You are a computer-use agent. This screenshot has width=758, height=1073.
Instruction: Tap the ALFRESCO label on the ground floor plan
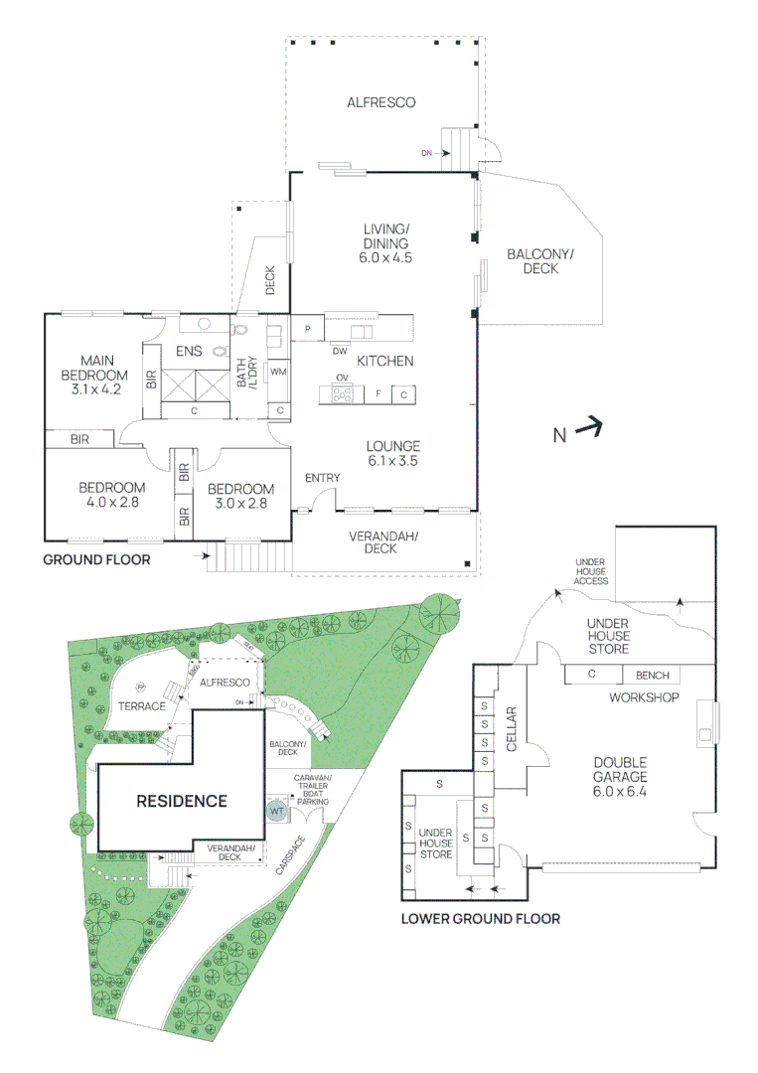(x=380, y=102)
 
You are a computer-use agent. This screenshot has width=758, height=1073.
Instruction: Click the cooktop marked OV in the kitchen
(x=342, y=394)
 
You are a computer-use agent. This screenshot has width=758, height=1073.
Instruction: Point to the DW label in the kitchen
(x=340, y=351)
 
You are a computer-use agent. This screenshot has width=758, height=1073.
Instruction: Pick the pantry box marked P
(x=308, y=329)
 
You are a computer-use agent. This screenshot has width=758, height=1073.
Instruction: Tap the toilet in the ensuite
(x=239, y=328)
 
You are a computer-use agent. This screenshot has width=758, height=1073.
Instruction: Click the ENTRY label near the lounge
(x=323, y=478)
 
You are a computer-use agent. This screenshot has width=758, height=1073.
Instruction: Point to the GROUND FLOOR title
(x=96, y=560)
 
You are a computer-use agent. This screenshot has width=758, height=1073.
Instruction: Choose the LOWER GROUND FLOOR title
(x=480, y=919)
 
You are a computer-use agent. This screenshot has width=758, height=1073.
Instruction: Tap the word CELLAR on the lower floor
(x=514, y=728)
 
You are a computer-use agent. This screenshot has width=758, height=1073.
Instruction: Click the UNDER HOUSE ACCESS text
(x=591, y=572)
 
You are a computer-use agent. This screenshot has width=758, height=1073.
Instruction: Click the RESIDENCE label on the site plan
(x=182, y=801)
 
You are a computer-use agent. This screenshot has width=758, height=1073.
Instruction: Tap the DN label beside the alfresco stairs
(x=426, y=153)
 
